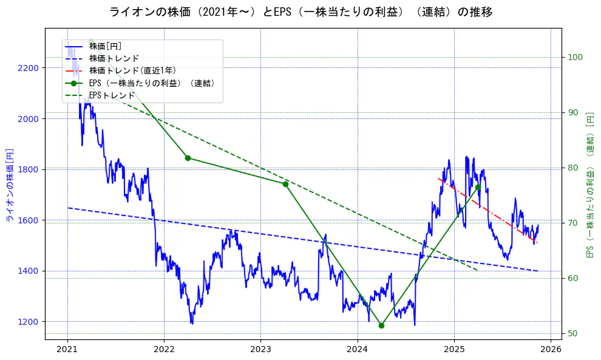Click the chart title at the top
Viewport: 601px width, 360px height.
300,12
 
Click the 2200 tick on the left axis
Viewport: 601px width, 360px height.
28,68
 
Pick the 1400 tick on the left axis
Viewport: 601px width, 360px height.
28,271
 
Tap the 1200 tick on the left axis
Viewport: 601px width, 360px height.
28,322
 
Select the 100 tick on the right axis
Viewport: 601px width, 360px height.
576,58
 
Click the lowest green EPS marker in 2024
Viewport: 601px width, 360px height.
381,325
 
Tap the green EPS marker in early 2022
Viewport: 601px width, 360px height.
188,158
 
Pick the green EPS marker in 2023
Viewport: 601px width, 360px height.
285,184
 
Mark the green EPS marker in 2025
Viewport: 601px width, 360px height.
478,187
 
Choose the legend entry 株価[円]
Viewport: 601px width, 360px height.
106,46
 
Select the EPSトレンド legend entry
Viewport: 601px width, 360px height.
112,95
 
